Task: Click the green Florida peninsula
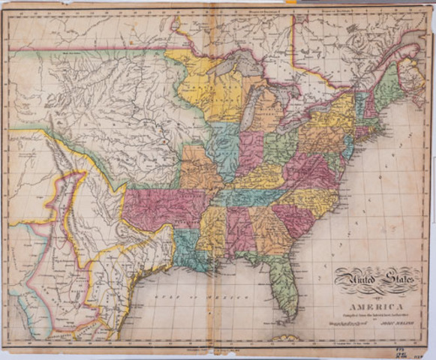(x=287, y=285)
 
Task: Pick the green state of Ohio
(x=279, y=146)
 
